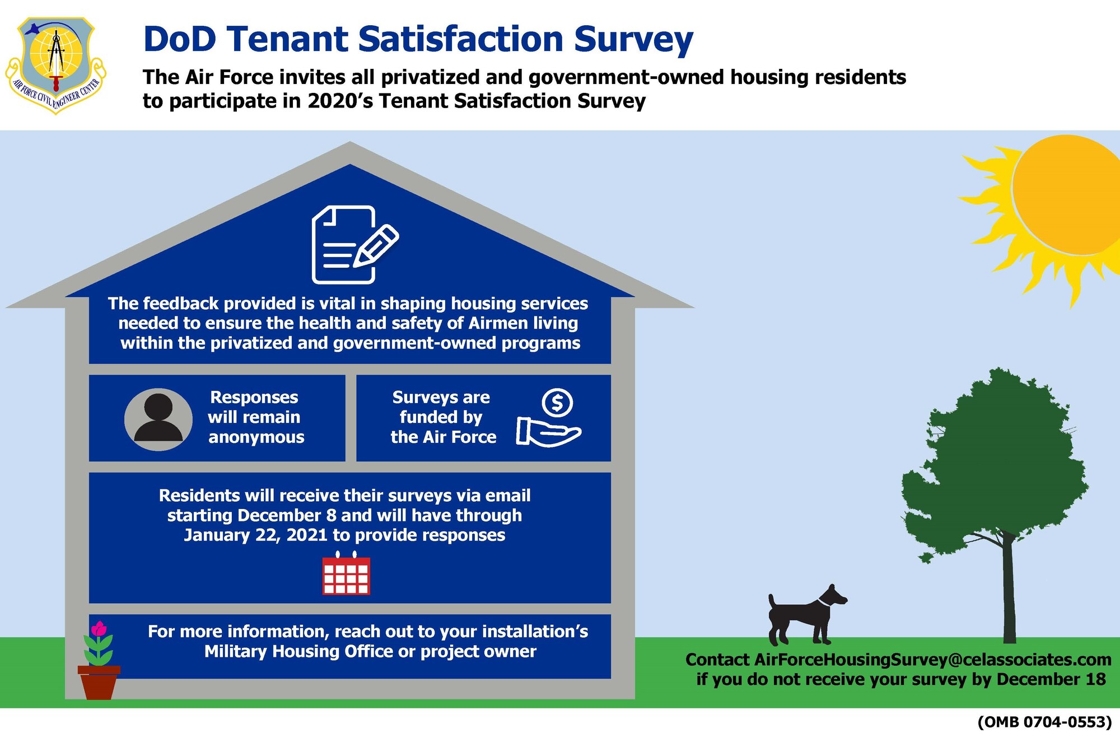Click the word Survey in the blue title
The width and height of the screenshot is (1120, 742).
point(633,39)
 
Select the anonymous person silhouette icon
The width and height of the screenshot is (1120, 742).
point(158,419)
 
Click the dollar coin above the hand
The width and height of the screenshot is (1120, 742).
point(557,402)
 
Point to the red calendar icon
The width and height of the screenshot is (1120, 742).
point(346,575)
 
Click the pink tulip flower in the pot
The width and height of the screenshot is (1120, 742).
point(99,629)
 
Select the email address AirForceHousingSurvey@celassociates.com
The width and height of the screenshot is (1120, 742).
point(932,660)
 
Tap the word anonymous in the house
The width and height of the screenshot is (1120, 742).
point(256,437)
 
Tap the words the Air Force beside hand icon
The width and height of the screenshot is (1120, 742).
point(443,437)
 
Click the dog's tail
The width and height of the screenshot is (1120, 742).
point(772,603)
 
